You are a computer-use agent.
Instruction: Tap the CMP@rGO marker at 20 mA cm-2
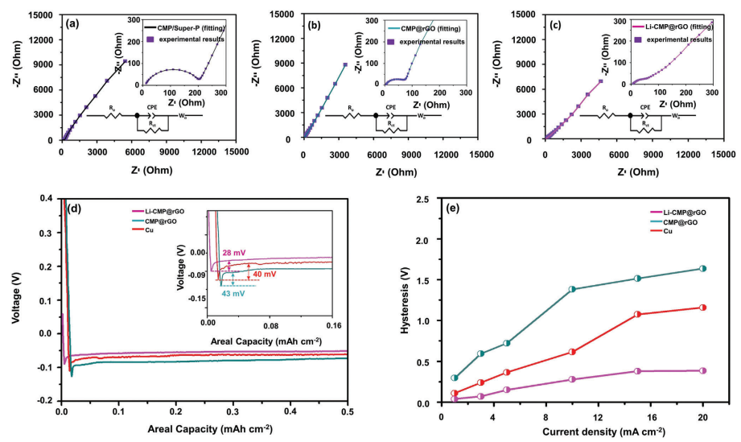click(x=702, y=269)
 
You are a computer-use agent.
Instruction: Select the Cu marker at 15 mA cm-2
click(x=637, y=314)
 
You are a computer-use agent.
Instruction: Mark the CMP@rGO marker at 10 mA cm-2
click(x=572, y=289)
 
